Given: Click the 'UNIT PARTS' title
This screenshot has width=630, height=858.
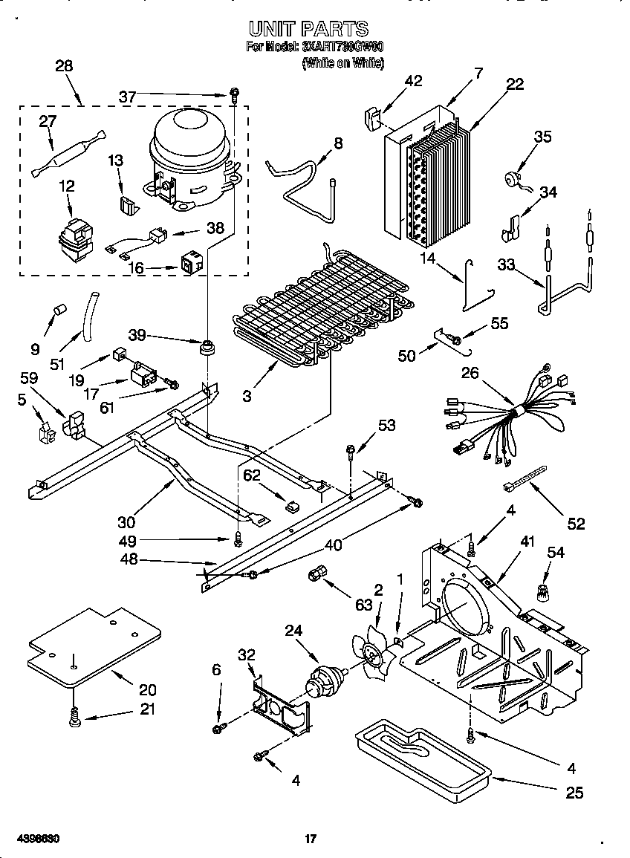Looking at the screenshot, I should pyautogui.click(x=308, y=29).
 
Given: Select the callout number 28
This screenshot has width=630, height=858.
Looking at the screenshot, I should pyautogui.click(x=64, y=66).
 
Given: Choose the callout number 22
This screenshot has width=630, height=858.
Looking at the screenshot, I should pyautogui.click(x=514, y=85).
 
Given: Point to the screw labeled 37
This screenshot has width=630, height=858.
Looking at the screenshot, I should pyautogui.click(x=234, y=94).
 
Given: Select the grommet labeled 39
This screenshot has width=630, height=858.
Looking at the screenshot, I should pyautogui.click(x=207, y=347).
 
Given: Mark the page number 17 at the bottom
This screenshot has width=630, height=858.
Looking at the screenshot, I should pyautogui.click(x=311, y=839).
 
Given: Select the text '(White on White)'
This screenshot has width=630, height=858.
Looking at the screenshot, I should pyautogui.click(x=342, y=64).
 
